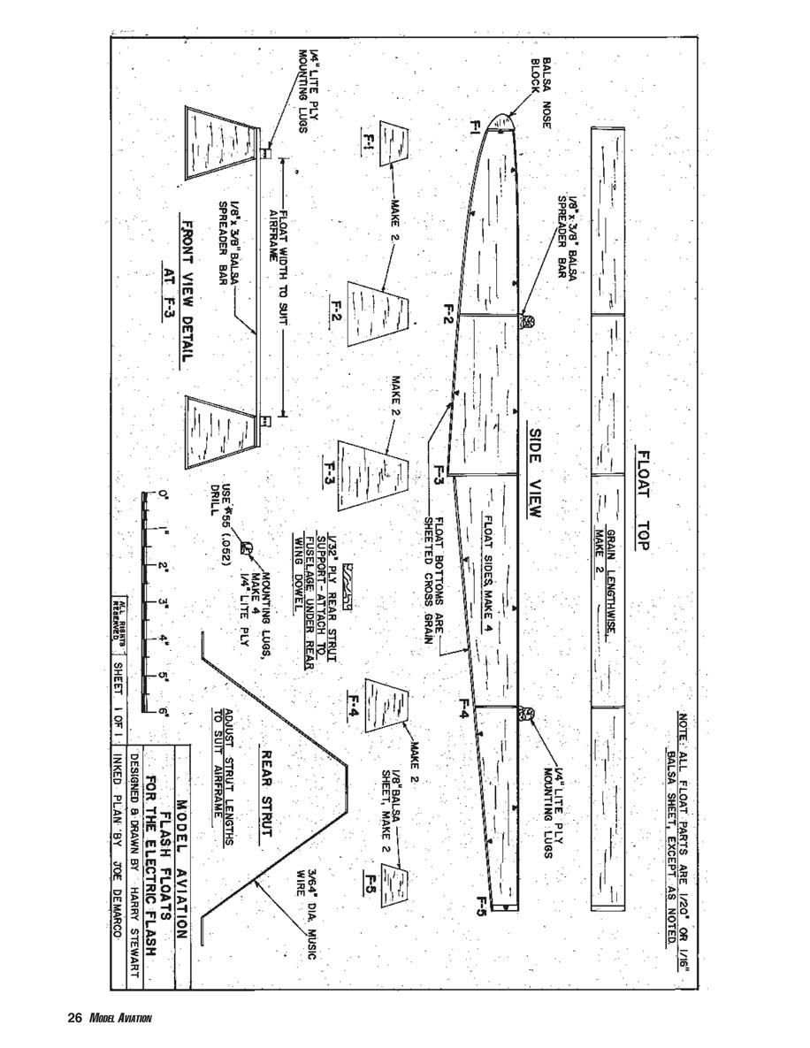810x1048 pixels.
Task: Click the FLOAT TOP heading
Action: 643,501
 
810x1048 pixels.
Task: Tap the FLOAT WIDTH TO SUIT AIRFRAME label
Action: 280,265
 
